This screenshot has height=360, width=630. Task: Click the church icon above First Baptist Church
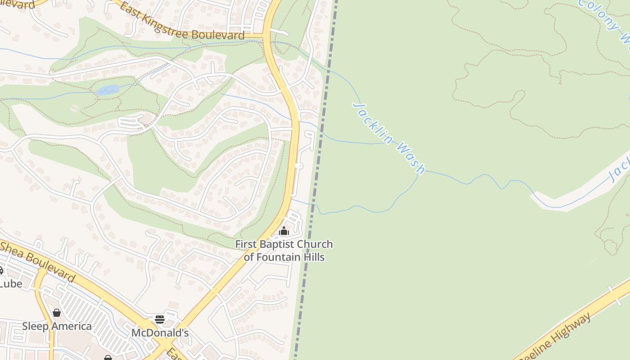(x=283, y=232)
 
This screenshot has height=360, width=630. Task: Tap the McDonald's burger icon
(x=160, y=319)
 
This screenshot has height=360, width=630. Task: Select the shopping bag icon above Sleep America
(x=57, y=313)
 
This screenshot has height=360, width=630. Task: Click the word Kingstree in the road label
(x=166, y=27)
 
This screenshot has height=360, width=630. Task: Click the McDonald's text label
(x=160, y=333)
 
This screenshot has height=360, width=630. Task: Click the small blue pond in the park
(x=108, y=90)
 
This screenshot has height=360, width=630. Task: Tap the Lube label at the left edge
(x=11, y=283)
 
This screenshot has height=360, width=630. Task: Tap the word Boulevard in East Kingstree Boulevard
(x=218, y=35)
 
